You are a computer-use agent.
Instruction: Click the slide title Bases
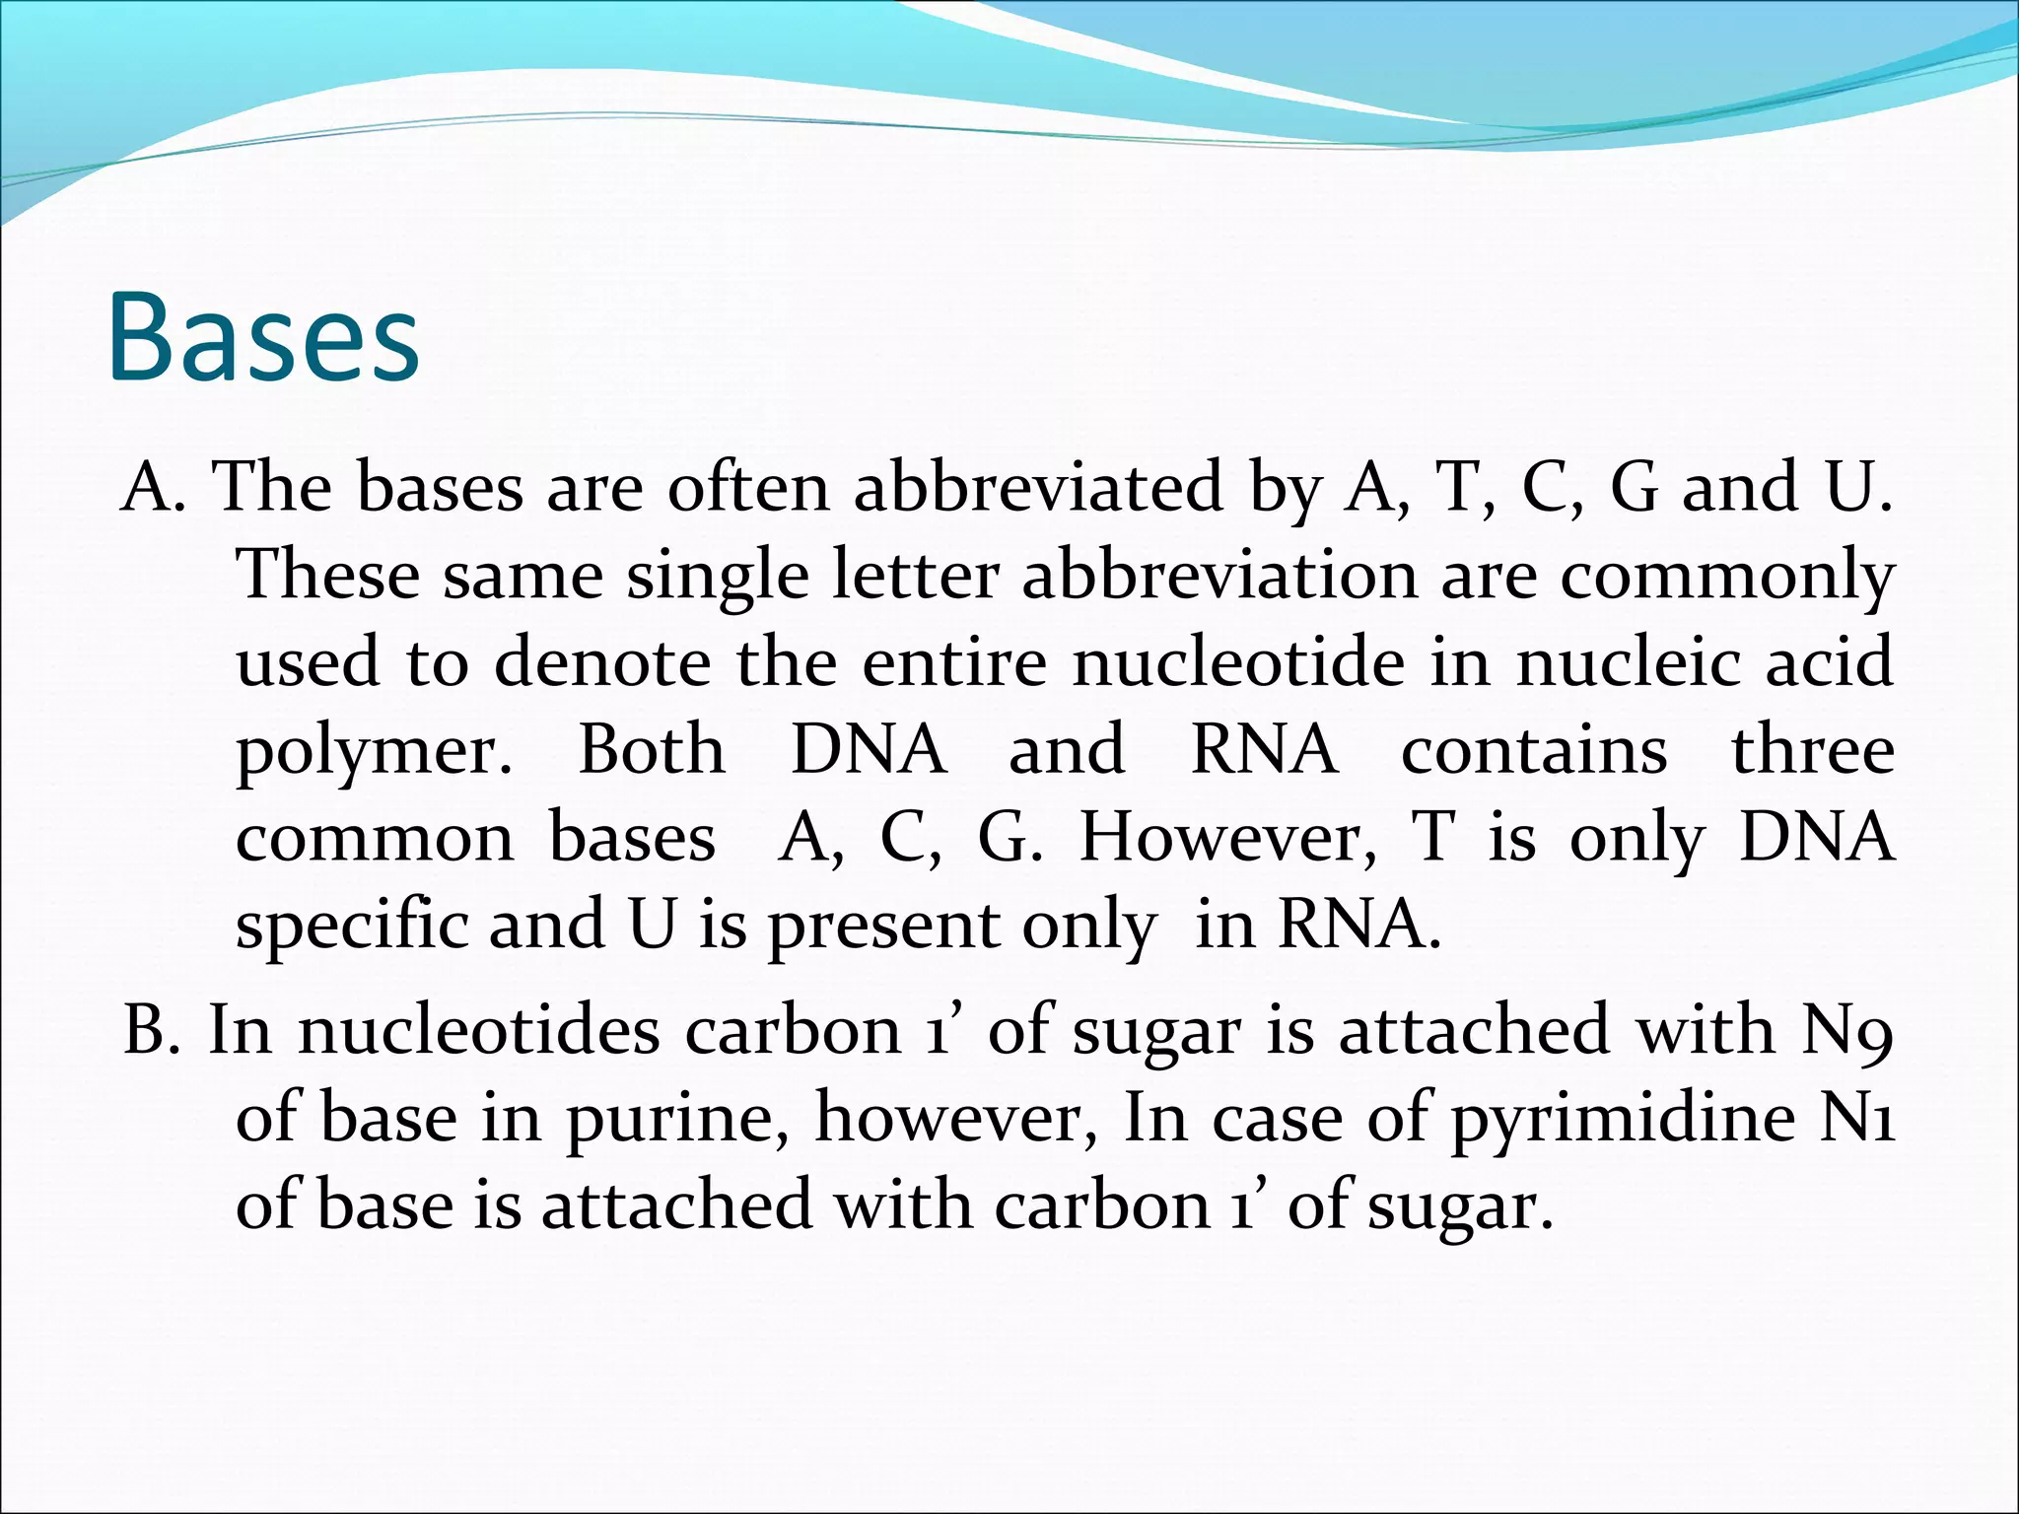coord(263,337)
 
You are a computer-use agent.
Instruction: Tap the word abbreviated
coord(1037,488)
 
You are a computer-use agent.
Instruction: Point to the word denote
coord(601,662)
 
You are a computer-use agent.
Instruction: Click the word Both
coord(652,749)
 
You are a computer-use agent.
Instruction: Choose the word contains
coord(1534,749)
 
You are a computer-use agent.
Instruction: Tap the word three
coord(1812,749)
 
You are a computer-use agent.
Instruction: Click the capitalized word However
coord(1227,838)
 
